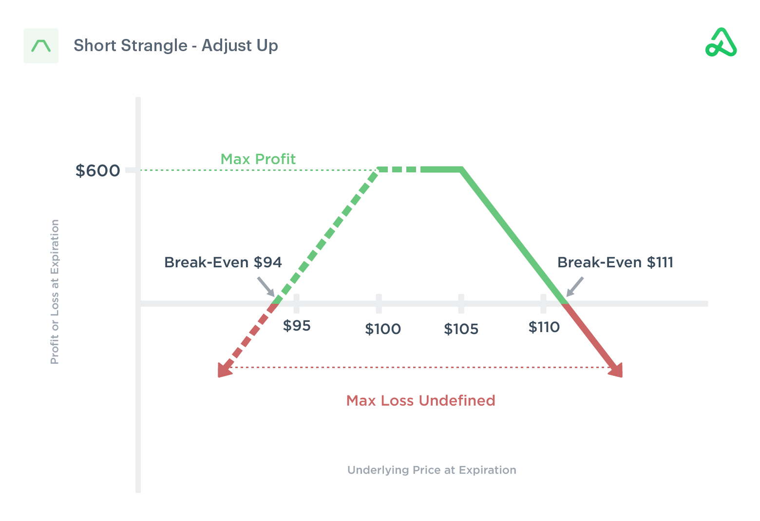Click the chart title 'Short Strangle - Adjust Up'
coord(175,45)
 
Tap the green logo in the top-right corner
coord(721,43)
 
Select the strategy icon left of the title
coord(41,46)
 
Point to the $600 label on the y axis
coord(97,170)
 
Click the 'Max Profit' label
coord(258,159)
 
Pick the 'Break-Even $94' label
coord(223,262)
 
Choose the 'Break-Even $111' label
coord(615,262)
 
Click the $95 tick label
coord(297,325)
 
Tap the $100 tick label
coord(383,329)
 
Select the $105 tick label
coord(461,329)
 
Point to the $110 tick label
coord(544,327)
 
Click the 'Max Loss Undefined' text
coord(420,401)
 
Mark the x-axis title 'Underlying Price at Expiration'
coord(432,470)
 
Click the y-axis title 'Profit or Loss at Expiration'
coord(55,292)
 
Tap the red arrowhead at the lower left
coord(224,371)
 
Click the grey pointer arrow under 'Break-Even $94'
coord(266,286)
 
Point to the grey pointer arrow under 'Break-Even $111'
coord(575,286)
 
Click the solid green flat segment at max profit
coord(441,169)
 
